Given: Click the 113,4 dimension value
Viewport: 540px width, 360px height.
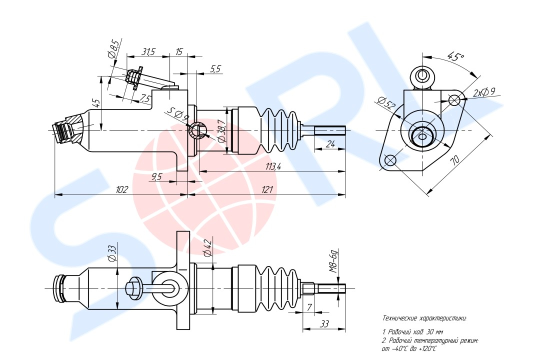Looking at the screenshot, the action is click(x=273, y=166).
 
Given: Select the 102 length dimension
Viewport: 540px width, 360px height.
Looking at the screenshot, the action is click(x=121, y=189).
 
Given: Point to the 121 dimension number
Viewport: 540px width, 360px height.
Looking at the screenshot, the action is click(x=267, y=189).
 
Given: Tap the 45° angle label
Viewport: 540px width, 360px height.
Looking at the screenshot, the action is click(x=455, y=56).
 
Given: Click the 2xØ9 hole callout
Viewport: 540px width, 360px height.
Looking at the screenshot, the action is click(x=484, y=92).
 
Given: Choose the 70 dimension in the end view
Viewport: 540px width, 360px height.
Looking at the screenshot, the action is click(x=455, y=160).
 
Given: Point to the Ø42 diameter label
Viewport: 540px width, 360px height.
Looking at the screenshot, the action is click(x=207, y=247).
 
